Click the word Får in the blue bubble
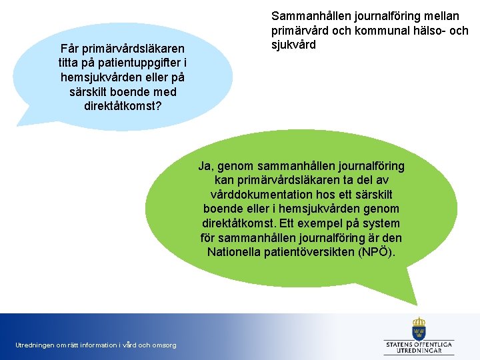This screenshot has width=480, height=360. tap(71, 49)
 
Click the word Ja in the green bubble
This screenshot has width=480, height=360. tap(205, 166)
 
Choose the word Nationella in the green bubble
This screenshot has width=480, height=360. tap(233, 252)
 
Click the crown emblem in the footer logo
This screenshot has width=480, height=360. tap(419, 328)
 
